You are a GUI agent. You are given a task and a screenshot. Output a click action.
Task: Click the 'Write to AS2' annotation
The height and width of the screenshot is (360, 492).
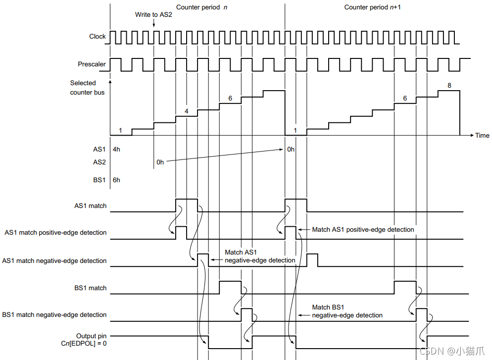click(x=153, y=15)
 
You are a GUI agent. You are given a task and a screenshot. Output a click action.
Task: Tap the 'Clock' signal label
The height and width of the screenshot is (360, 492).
click(x=98, y=36)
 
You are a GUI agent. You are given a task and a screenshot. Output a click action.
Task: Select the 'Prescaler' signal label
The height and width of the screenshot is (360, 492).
click(x=92, y=64)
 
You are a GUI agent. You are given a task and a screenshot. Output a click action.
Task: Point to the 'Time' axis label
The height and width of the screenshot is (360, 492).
click(x=482, y=135)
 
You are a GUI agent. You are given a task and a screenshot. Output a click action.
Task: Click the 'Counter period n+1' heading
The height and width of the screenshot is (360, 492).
click(x=372, y=7)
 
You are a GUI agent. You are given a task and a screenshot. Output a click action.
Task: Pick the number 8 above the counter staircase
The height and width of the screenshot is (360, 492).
click(x=449, y=85)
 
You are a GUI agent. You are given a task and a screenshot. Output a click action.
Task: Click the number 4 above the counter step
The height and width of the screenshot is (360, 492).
click(x=186, y=111)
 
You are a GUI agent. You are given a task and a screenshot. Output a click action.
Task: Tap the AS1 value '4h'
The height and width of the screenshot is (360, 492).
click(x=116, y=149)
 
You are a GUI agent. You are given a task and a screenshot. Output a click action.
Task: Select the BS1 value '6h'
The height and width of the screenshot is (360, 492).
click(x=116, y=180)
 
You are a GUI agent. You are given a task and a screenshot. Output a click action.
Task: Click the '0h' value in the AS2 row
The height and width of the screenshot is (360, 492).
click(x=160, y=162)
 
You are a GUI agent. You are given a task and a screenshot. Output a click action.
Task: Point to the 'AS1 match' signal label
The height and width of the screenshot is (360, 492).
click(x=91, y=206)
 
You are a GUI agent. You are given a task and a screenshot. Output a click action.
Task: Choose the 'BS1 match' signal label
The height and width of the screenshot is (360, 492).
click(x=91, y=288)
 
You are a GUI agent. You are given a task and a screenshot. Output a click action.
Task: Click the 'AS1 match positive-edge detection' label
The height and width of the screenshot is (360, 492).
click(x=56, y=232)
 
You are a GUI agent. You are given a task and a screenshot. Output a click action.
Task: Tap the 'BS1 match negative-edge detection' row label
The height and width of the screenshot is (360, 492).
click(x=54, y=314)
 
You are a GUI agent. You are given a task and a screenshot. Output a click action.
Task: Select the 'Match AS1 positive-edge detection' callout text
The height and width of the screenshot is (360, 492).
click(x=363, y=229)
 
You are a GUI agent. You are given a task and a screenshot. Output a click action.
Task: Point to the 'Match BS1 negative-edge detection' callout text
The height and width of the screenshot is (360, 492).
click(x=347, y=311)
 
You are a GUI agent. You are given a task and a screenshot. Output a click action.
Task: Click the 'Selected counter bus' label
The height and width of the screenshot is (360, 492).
click(x=87, y=88)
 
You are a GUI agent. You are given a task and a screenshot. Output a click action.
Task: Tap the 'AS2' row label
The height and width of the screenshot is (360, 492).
click(x=99, y=162)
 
